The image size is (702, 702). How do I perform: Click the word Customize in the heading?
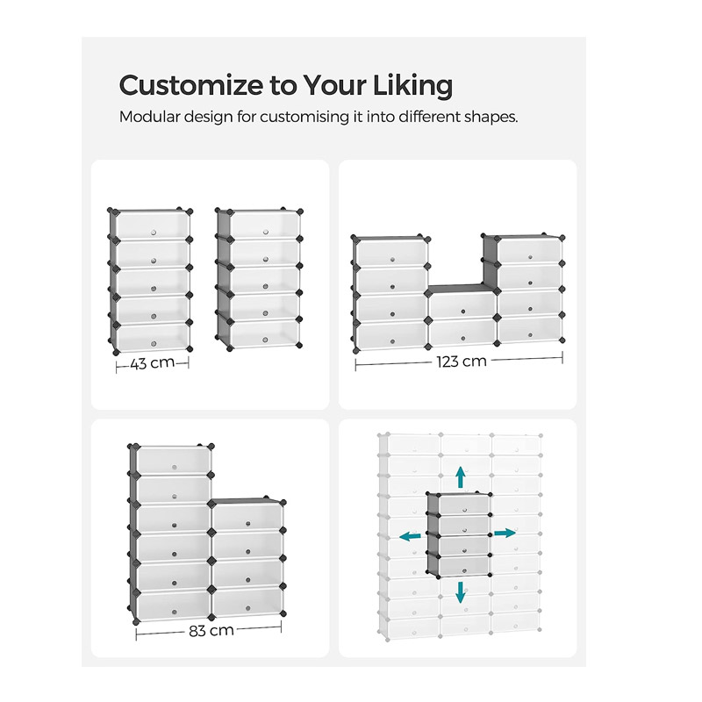191,85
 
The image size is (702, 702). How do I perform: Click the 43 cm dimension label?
152,362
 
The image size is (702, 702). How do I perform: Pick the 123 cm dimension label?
462,362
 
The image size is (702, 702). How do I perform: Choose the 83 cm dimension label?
211,630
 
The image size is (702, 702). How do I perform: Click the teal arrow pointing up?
460,477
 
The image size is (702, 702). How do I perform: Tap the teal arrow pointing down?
460,591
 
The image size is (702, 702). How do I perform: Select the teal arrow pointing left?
410,536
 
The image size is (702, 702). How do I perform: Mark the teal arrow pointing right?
505,533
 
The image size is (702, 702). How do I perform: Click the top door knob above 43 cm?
153,233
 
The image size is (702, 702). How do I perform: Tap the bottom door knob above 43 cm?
153,344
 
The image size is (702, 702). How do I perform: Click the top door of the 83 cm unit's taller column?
174,460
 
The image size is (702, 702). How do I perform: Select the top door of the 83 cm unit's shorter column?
247,517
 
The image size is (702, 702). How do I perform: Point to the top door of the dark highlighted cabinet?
464,505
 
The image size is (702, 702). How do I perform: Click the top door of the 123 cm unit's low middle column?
462,304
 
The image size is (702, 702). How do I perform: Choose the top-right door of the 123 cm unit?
530,252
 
